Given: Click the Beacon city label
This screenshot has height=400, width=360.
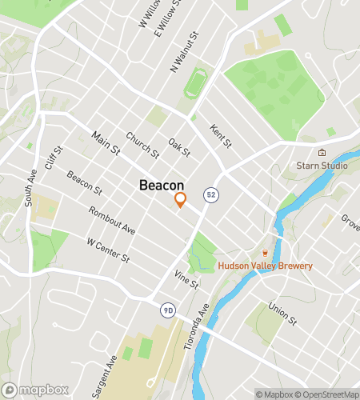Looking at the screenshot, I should (x=162, y=185).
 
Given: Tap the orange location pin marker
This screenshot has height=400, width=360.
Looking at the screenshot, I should (x=181, y=200).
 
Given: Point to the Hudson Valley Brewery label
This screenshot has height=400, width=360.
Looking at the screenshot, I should (x=266, y=266).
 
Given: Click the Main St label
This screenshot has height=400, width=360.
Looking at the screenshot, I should (x=105, y=143).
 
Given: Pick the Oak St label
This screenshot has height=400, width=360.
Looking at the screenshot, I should (x=179, y=147).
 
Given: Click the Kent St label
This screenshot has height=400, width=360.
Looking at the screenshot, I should (x=220, y=135).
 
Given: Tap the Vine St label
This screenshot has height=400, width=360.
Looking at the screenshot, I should (x=186, y=279).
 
